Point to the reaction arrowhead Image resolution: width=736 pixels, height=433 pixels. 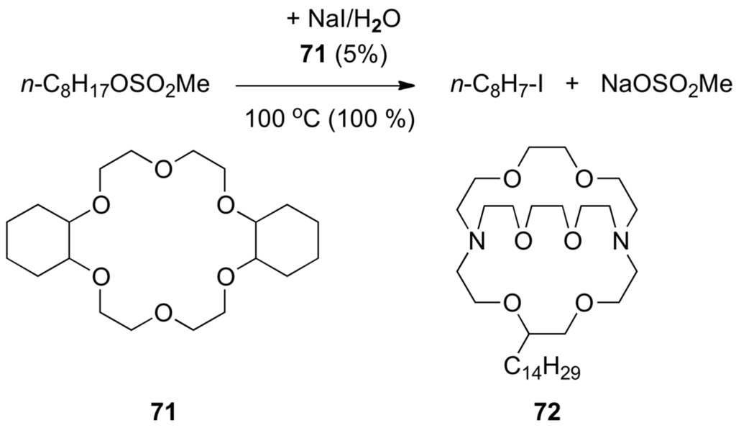pyautogui.click(x=408, y=86)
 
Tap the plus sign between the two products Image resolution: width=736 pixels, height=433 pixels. pyautogui.click(x=572, y=86)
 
